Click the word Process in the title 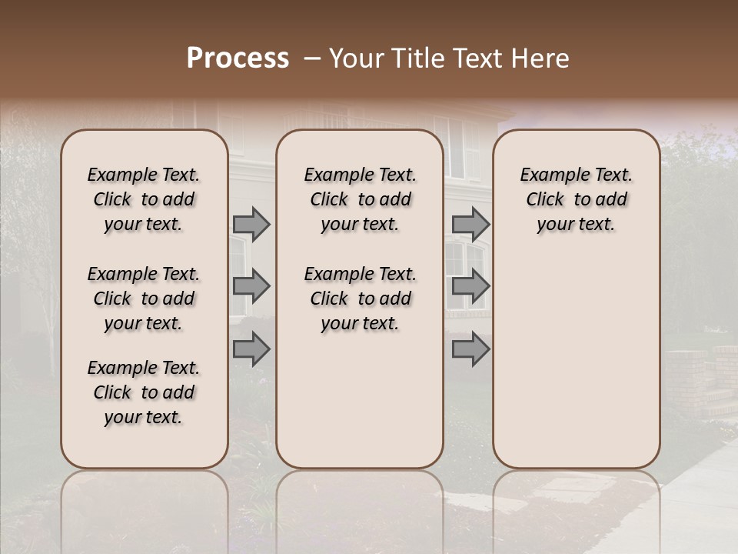coord(238,58)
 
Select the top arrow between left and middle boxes coord(251,224)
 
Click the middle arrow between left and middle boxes coord(251,286)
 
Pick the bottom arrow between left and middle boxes coord(251,349)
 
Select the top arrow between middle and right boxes coord(470,224)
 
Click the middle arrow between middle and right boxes coord(470,286)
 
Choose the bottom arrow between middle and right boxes coord(470,349)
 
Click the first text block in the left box coord(144,199)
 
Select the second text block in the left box coord(144,299)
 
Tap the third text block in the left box coord(144,392)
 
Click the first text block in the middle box coord(360,199)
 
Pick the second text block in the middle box coord(360,299)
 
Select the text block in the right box coord(576,199)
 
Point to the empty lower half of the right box coord(576,362)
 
